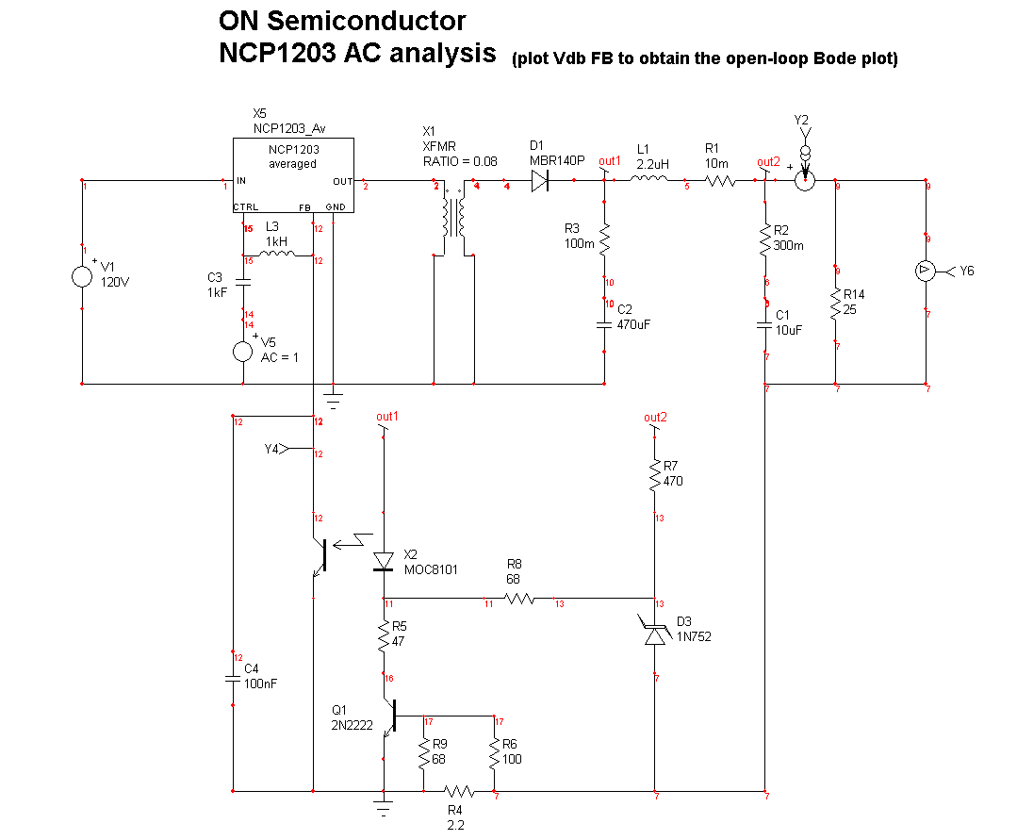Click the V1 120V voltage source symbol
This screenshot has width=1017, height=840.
click(82, 276)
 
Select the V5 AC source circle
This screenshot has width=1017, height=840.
click(243, 352)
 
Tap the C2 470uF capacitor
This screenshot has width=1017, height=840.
click(605, 324)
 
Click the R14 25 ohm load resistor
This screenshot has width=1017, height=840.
click(836, 305)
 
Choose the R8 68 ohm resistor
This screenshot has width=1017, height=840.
click(519, 599)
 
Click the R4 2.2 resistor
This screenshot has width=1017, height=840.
click(458, 791)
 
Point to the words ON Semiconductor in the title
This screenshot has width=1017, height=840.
click(342, 20)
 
